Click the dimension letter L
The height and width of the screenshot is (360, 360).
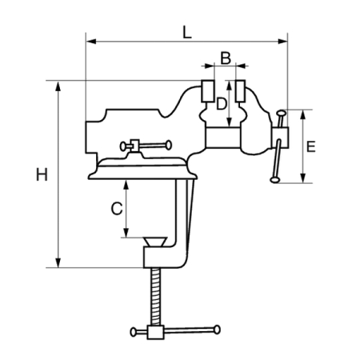point(187,32)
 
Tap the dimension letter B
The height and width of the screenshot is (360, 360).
point(226,58)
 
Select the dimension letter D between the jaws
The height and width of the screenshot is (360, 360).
point(222,104)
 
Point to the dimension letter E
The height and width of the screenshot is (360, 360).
point(311,146)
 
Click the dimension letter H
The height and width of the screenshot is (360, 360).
point(42,175)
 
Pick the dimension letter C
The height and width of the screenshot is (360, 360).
point(117,209)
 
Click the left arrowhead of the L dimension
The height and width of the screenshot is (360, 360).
point(91,42)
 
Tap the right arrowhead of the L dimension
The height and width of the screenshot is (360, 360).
point(282,42)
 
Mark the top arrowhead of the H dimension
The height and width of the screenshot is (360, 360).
point(58,86)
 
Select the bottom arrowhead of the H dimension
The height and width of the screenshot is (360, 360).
point(58,262)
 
